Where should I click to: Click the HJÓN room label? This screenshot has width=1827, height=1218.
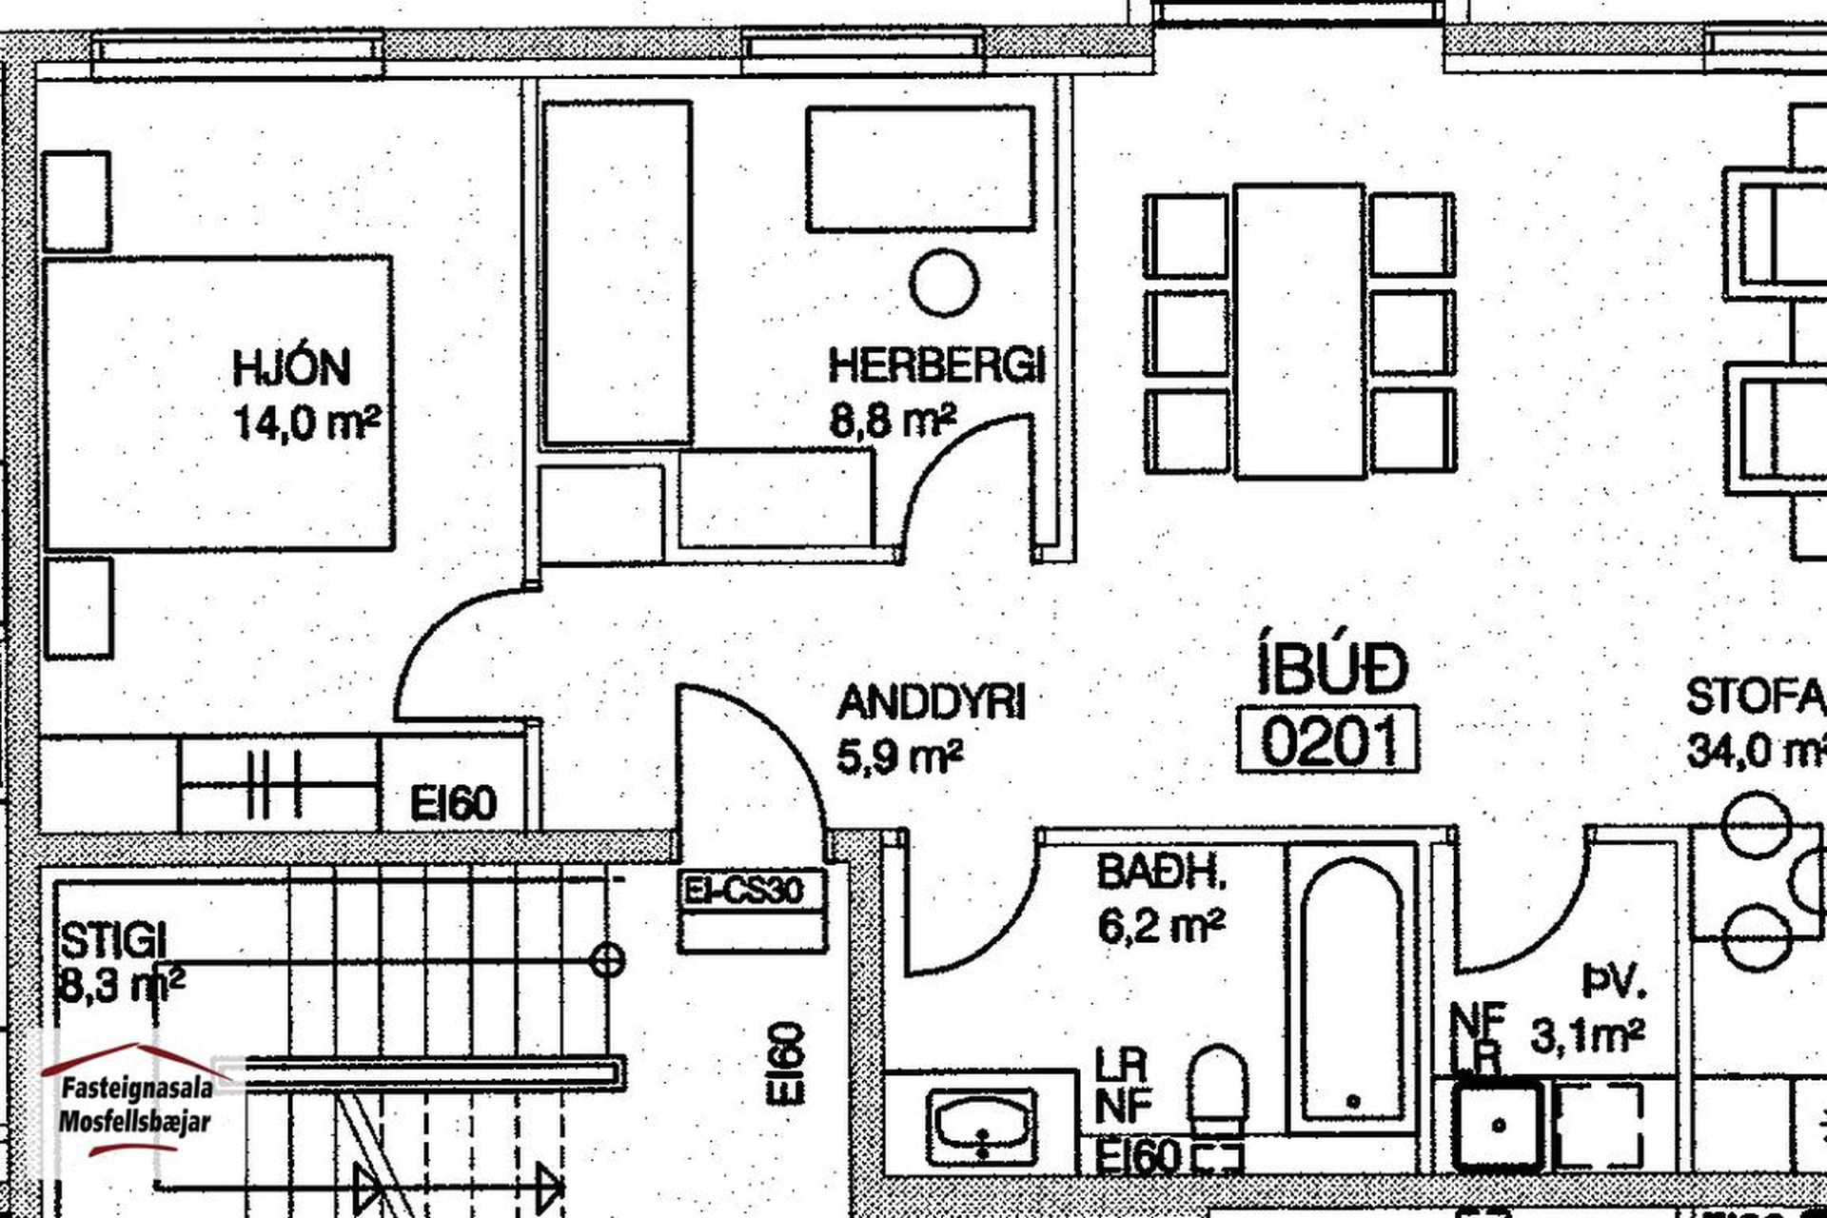[291, 366]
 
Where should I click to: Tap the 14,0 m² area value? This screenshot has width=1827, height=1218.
[306, 422]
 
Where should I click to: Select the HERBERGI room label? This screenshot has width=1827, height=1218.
[936, 364]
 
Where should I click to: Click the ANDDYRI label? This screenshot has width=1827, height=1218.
[932, 703]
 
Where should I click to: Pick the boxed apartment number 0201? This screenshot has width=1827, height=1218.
[1328, 739]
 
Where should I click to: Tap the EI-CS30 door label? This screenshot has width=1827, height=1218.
[743, 891]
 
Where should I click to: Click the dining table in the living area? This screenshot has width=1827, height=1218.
[1299, 330]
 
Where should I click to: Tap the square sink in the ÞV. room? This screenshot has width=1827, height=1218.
[1498, 1124]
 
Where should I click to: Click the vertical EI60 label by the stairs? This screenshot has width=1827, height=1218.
[789, 1064]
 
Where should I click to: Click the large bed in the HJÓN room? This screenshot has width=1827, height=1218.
[220, 403]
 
